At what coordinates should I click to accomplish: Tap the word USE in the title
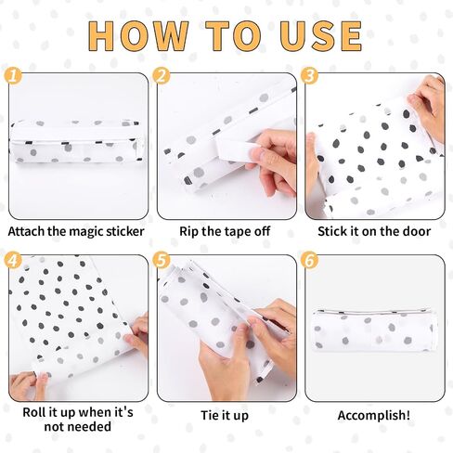point(321,35)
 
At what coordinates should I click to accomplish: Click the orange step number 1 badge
point(13,75)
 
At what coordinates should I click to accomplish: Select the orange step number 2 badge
point(162,75)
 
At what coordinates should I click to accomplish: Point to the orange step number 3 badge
point(309,75)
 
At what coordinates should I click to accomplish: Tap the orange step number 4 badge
point(13,260)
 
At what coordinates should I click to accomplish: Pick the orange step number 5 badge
point(162,260)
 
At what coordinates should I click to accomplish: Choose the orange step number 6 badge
point(309,260)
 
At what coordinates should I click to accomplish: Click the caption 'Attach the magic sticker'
point(76,232)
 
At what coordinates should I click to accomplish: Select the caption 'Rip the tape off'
point(225,231)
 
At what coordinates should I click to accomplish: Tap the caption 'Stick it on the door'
point(374,231)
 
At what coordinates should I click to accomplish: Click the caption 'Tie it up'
point(225,415)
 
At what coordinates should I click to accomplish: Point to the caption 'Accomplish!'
point(374,415)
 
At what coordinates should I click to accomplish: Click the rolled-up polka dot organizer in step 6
point(374,330)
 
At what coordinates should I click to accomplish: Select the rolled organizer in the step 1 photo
point(77,141)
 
